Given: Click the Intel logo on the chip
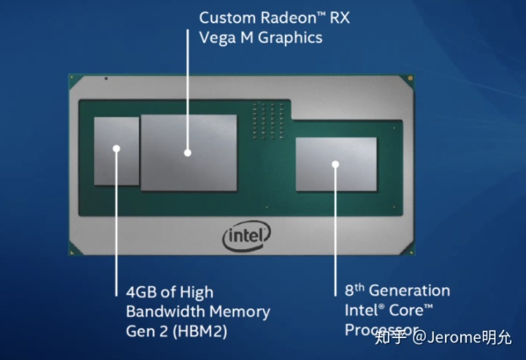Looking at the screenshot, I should point(246,236).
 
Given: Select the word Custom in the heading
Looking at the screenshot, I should point(224,18).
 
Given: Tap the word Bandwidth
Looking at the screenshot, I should point(167,312).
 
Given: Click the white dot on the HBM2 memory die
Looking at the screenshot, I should point(116,148).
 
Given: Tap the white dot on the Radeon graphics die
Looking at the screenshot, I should point(187,153).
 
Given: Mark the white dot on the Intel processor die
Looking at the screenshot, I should point(336,164).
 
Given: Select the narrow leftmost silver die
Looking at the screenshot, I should point(116,150).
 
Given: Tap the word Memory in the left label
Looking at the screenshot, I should point(241,312).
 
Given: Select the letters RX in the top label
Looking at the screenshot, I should point(337,18).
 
